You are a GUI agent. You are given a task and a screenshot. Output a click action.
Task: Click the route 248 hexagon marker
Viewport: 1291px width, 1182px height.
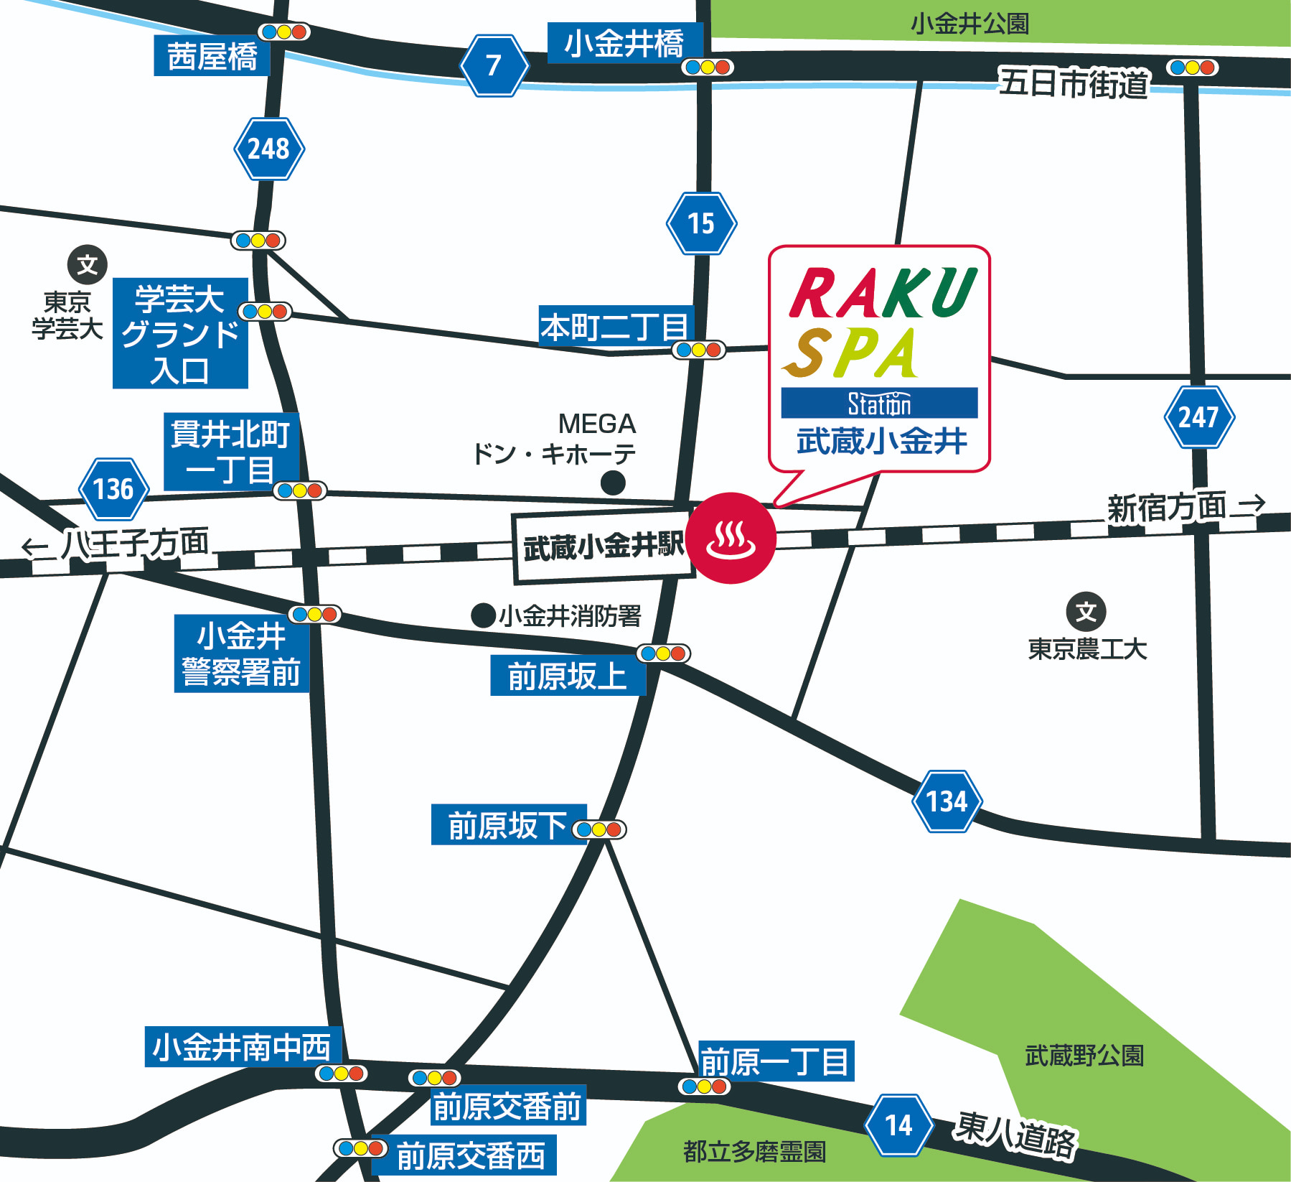269,149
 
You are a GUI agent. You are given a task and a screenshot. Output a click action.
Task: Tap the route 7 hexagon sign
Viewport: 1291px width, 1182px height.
494,65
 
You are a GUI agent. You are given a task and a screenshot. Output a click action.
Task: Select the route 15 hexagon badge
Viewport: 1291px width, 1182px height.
701,223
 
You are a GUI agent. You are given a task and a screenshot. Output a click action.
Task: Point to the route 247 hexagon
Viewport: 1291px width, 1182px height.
1198,417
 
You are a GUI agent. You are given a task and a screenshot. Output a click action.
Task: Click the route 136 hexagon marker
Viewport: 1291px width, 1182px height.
113,489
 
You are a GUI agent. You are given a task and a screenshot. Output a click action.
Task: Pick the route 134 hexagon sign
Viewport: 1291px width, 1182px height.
947,801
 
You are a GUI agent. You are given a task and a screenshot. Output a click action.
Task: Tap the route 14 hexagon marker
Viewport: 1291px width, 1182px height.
898,1125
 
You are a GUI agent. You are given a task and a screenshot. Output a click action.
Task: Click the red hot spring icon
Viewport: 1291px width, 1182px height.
731,538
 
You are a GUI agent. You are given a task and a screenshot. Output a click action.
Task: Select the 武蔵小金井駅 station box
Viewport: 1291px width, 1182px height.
603,546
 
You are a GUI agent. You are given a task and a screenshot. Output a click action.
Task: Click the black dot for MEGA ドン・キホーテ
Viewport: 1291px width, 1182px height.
613,483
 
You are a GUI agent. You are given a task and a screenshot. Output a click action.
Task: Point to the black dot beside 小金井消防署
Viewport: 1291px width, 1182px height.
483,615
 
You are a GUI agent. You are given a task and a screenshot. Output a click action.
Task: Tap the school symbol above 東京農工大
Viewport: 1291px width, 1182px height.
1086,612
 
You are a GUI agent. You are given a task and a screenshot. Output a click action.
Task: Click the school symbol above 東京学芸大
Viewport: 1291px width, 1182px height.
88,265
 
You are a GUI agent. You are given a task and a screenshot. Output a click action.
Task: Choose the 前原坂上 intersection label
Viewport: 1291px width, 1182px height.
567,676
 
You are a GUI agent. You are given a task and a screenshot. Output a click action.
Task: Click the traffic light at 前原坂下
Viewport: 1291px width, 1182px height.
599,829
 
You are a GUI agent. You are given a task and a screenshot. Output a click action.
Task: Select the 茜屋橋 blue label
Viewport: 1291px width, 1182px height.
212,57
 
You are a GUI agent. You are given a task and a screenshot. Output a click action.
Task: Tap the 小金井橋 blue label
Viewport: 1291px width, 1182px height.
624,43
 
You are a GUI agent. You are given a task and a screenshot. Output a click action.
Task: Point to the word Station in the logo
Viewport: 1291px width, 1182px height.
879,404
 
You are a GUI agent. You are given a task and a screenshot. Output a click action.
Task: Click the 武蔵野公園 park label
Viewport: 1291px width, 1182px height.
1084,1055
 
